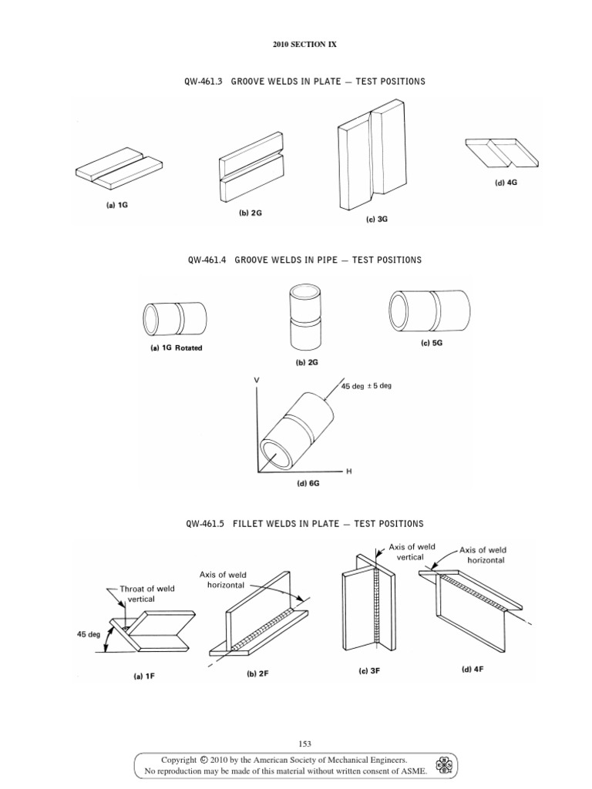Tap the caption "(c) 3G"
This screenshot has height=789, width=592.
point(376,220)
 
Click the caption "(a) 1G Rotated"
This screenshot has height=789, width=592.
point(177,347)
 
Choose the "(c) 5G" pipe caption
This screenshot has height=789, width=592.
point(432,344)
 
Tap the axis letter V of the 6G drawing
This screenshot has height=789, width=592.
point(255,380)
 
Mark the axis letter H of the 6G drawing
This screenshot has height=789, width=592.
point(348,471)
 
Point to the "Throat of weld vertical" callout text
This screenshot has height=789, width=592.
point(146,594)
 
